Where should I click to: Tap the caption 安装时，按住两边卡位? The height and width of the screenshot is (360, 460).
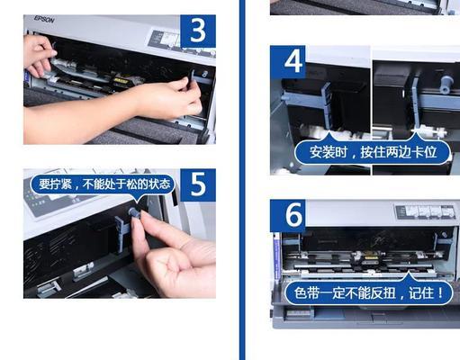pyautogui.click(x=372, y=151)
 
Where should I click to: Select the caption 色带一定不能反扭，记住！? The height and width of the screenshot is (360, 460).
pyautogui.click(x=364, y=293)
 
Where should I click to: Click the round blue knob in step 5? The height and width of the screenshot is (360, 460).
pyautogui.click(x=133, y=212)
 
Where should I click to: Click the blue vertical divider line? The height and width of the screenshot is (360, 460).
pyautogui.click(x=241, y=180)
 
